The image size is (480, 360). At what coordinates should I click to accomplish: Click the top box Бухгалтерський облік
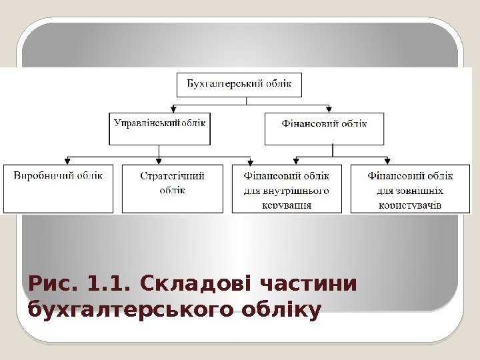click(x=239, y=85)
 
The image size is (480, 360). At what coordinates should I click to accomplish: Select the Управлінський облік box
click(x=160, y=129)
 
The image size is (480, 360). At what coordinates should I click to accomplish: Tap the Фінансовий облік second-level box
click(x=325, y=129)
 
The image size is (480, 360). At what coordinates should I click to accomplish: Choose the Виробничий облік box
click(x=59, y=188)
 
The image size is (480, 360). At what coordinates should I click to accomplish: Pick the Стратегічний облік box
click(x=173, y=188)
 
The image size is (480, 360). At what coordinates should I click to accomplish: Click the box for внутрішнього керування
click(x=287, y=189)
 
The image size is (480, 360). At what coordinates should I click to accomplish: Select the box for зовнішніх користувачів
click(x=410, y=189)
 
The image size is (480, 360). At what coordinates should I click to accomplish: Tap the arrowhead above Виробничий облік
click(x=67, y=161)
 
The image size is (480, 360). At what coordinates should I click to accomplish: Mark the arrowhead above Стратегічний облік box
click(x=159, y=161)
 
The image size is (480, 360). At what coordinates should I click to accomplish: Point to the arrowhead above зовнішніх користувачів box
click(x=387, y=161)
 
